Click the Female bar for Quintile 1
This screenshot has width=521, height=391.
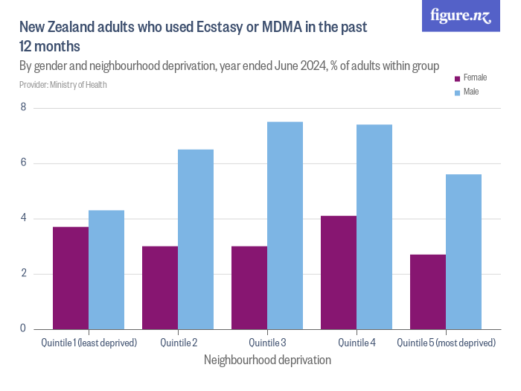pyautogui.click(x=71, y=278)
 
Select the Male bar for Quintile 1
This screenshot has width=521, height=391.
pyautogui.click(x=106, y=270)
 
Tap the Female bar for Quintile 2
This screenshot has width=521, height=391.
pyautogui.click(x=160, y=287)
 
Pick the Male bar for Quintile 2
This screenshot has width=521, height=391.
pyautogui.click(x=196, y=239)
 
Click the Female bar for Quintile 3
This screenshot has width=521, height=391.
pyautogui.click(x=249, y=287)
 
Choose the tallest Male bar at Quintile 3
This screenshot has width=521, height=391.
pyautogui.click(x=285, y=225)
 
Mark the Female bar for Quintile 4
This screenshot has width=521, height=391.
pyautogui.click(x=339, y=273)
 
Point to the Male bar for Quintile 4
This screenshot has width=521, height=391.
pyautogui.click(x=374, y=226)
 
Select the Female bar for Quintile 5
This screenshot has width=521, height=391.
pyautogui.click(x=428, y=291)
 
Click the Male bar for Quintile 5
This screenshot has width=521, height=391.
pyautogui.click(x=464, y=252)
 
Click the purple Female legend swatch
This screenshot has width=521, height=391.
pyautogui.click(x=457, y=77)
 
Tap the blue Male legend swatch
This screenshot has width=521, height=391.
pyautogui.click(x=457, y=92)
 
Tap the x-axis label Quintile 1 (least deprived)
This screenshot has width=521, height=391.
pyautogui.click(x=89, y=343)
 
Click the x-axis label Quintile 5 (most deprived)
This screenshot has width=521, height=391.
pyautogui.click(x=446, y=343)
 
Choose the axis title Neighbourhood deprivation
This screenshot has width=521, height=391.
pyautogui.click(x=267, y=360)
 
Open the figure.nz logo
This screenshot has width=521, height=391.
pyautogui.click(x=461, y=16)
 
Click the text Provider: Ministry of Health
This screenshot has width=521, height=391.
pyautogui.click(x=63, y=85)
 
